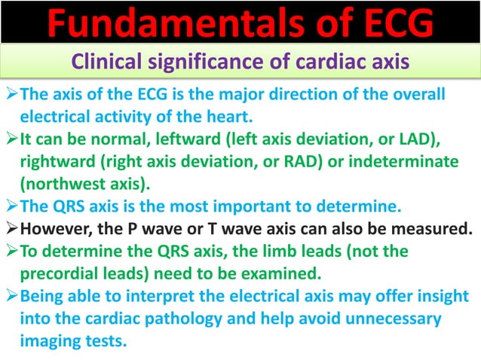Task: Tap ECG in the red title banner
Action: [x=389, y=23]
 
